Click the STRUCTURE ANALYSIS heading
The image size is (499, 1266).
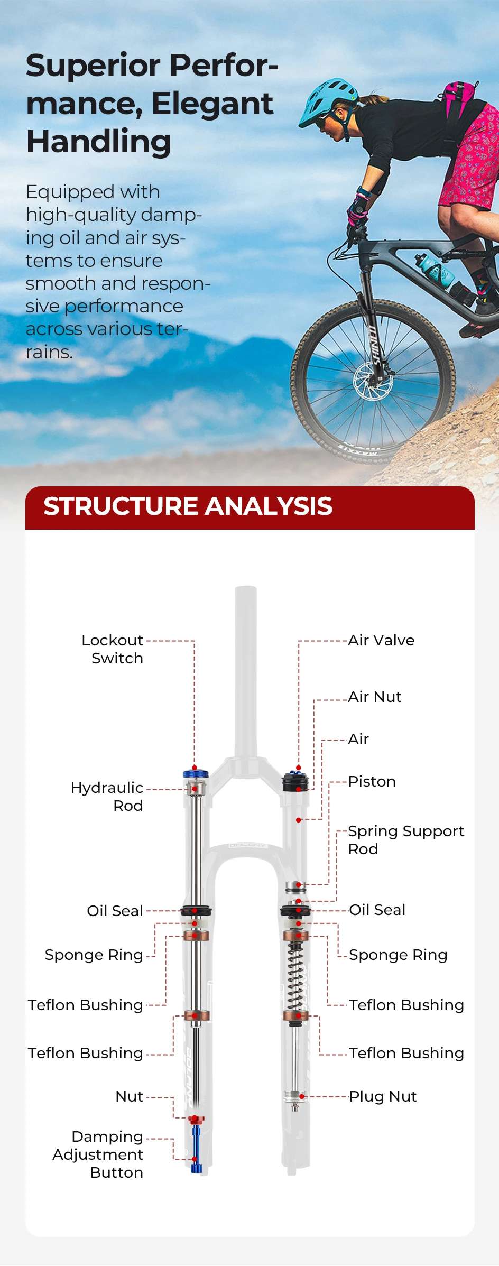pyautogui.click(x=188, y=506)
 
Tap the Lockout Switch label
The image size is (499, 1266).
pyautogui.click(x=112, y=649)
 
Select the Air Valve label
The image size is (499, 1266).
pyautogui.click(x=381, y=640)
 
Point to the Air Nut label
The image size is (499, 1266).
pyautogui.click(x=375, y=697)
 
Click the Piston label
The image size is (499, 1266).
pyautogui.click(x=372, y=781)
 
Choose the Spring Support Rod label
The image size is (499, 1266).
pyautogui.click(x=406, y=840)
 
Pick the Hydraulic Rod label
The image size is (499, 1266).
pyautogui.click(x=107, y=797)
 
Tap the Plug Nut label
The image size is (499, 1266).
pyautogui.click(x=383, y=1096)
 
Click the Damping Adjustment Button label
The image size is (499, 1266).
pyautogui.click(x=98, y=1154)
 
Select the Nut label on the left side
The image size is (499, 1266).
pyautogui.click(x=130, y=1096)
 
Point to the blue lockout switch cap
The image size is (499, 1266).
pyautogui.click(x=196, y=773)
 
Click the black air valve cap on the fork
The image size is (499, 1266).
pyautogui.click(x=295, y=781)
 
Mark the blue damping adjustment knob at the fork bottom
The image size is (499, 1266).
pyautogui.click(x=196, y=1148)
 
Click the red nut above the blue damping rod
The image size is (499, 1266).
pyautogui.click(x=196, y=1119)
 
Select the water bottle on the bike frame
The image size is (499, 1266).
pyautogui.click(x=434, y=270)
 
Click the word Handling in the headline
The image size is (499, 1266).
pyautogui.click(x=99, y=142)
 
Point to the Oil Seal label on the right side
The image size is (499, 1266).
pyautogui.click(x=377, y=910)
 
